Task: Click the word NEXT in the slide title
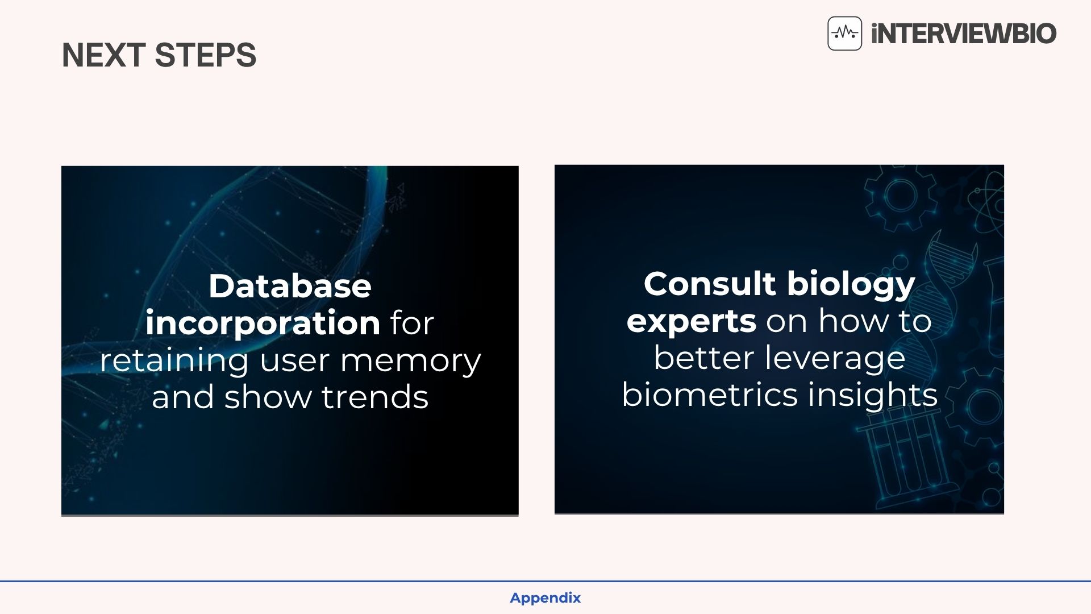coord(103,55)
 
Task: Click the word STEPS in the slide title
coord(205,55)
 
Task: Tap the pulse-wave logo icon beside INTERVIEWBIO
coord(844,34)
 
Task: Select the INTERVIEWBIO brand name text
coord(964,34)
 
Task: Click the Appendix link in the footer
coord(545,598)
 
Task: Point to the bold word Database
coord(290,285)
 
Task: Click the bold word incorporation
coord(263,323)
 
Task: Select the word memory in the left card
coord(410,361)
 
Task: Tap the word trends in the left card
coord(375,397)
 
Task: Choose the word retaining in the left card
coord(174,361)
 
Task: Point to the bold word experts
coord(691,322)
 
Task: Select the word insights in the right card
coord(872,395)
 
